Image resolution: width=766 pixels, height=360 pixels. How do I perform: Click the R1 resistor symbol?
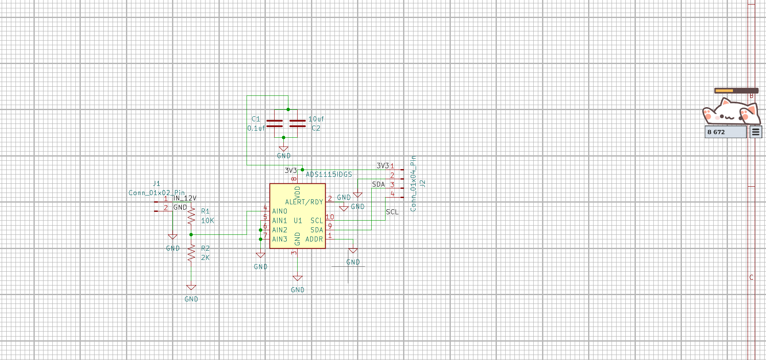pyautogui.click(x=191, y=216)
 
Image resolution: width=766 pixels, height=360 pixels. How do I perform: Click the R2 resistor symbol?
pyautogui.click(x=191, y=253)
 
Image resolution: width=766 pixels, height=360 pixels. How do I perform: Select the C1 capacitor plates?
pyautogui.click(x=275, y=123)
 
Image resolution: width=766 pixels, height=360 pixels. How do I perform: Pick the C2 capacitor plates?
pyautogui.click(x=298, y=123)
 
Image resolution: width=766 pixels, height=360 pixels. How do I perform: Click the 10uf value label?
pyautogui.click(x=316, y=119)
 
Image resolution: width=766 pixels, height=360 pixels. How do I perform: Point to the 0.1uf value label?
pyautogui.click(x=256, y=128)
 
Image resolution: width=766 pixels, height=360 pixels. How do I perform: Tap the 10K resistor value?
pyautogui.click(x=208, y=221)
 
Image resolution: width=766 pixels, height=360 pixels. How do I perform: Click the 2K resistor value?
pyautogui.click(x=205, y=257)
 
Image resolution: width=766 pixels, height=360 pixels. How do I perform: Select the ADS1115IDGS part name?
pyautogui.click(x=329, y=174)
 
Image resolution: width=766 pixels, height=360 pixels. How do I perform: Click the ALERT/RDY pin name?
pyautogui.click(x=304, y=202)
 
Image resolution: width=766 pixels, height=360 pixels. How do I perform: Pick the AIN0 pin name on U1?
pyautogui.click(x=280, y=211)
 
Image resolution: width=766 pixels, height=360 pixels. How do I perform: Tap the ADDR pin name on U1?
pyautogui.click(x=314, y=239)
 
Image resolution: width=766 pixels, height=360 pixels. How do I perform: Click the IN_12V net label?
pyautogui.click(x=185, y=198)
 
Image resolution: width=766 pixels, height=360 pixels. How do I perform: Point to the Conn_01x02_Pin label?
pyautogui.click(x=157, y=193)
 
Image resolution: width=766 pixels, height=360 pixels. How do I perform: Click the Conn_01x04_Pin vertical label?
pyautogui.click(x=413, y=183)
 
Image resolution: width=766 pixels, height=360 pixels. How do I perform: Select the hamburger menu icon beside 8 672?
pyautogui.click(x=756, y=132)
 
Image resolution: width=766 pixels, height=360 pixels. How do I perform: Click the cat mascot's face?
pyautogui.click(x=730, y=112)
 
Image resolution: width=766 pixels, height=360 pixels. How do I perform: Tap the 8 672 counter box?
pyautogui.click(x=725, y=132)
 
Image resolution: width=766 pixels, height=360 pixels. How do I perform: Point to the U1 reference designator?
pyautogui.click(x=298, y=221)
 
